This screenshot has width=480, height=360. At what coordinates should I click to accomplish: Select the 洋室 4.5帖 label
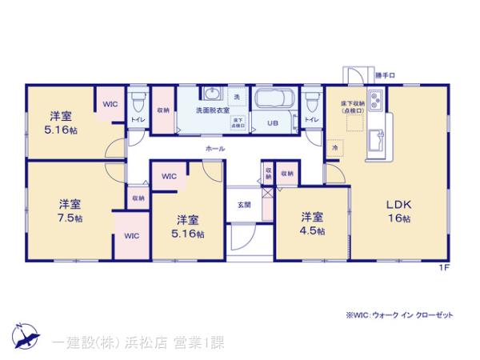pos(313,223)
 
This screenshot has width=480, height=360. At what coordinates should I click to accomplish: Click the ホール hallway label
pos(214,148)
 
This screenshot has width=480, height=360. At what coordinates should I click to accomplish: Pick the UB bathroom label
pos(273,124)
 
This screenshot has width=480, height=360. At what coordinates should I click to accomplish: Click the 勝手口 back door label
pos(385,75)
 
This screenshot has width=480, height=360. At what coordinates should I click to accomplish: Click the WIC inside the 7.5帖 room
pos(130,234)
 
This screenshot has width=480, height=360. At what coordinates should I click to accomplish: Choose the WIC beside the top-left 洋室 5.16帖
pos(109,104)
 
